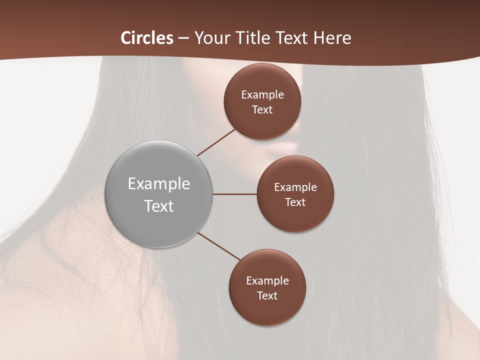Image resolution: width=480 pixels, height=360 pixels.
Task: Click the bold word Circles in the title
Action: coord(147,38)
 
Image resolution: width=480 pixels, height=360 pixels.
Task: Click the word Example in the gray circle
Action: coord(159,184)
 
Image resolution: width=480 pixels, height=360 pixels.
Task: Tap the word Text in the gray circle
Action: coord(159,206)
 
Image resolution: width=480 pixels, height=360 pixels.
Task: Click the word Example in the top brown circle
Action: coord(262,95)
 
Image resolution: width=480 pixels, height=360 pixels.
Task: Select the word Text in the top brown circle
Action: coord(262,110)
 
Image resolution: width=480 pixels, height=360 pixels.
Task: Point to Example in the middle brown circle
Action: coord(295,187)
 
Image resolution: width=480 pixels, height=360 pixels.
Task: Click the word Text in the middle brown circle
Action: coord(295,202)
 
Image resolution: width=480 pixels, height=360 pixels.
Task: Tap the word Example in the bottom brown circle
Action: coord(267,281)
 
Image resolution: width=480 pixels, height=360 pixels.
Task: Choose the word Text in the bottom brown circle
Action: coord(267,295)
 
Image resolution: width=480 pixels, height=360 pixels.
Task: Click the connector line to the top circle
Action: coord(216,141)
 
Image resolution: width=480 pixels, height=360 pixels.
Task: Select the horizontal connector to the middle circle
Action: coord(235,194)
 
